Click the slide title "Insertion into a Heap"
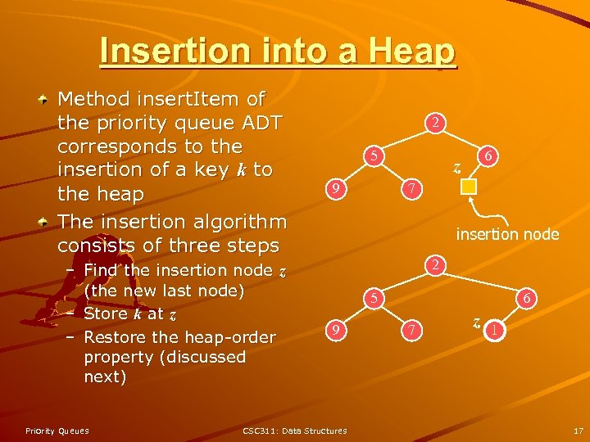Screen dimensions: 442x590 pos(278,52)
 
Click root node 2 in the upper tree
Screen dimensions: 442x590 pos(438,124)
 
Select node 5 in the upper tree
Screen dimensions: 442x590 pos(373,155)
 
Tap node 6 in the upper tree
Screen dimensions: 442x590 pos(488,155)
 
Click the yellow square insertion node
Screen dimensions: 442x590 pos(468,187)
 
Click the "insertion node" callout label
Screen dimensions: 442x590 pos(507,235)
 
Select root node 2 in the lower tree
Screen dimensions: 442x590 pos(438,264)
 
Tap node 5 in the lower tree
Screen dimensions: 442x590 pos(373,298)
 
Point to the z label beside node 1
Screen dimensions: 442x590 pos(476,322)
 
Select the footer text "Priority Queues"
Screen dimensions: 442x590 pos(57,431)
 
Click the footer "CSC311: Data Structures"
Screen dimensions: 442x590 pos(295,431)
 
